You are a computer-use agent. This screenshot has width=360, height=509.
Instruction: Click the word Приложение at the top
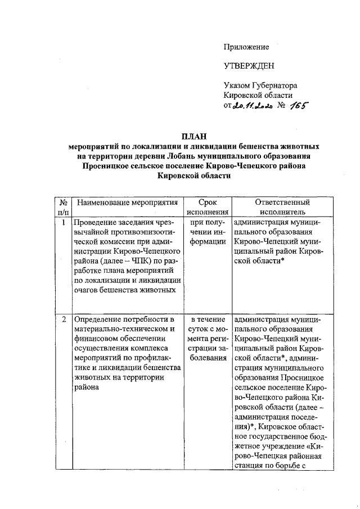coord(246,47)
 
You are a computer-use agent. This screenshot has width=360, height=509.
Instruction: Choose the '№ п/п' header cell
coord(64,207)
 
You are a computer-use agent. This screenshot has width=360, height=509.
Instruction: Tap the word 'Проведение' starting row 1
coord(95,223)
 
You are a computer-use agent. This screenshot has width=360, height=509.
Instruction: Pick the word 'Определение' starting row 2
coord(97,319)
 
